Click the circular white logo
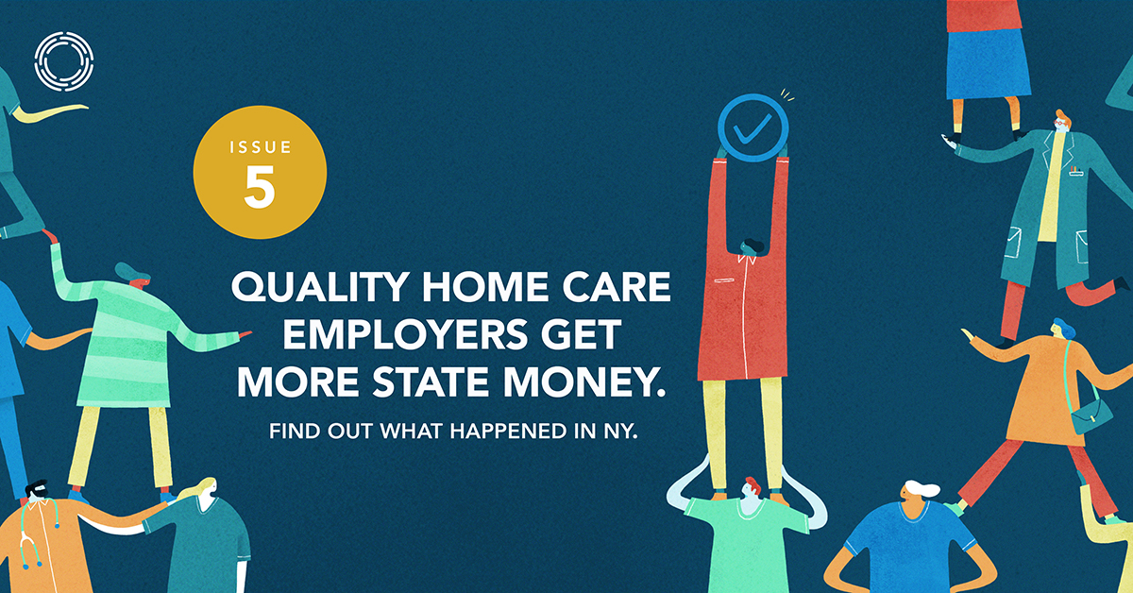pyautogui.click(x=64, y=61)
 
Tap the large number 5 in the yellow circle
pyautogui.click(x=260, y=187)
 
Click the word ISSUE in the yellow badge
pyautogui.click(x=261, y=147)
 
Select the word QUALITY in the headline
pyautogui.click(x=320, y=287)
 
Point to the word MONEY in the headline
pyautogui.click(x=584, y=381)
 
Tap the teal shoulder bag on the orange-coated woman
pyautogui.click(x=1091, y=415)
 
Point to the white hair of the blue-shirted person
pyautogui.click(x=922, y=488)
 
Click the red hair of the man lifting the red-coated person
pyautogui.click(x=753, y=484)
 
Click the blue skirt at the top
pyautogui.click(x=988, y=63)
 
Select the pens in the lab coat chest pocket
pyautogui.click(x=1074, y=168)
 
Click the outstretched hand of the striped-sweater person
pyautogui.click(x=245, y=334)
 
